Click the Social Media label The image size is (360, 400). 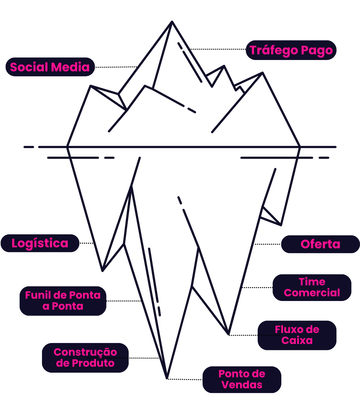[x=50, y=67]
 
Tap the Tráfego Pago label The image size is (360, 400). [x=291, y=50]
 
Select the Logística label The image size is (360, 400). [x=40, y=243]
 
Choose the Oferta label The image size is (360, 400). [x=320, y=244]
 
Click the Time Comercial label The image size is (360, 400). [x=312, y=287]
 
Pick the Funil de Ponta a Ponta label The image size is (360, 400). [x=63, y=301]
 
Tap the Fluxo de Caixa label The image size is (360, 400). [x=297, y=335]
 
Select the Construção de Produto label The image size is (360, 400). [x=85, y=358]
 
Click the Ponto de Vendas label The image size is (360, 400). [x=242, y=379]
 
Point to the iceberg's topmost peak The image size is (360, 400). [x=172, y=22]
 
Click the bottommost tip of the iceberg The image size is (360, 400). [x=167, y=378]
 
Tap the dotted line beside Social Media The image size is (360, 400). [x=116, y=67]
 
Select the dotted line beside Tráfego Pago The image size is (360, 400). [x=218, y=49]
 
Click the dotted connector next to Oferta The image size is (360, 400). [x=268, y=244]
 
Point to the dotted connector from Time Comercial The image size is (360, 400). [x=257, y=287]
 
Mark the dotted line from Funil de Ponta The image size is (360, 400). [x=124, y=301]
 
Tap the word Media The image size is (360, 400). [x=72, y=67]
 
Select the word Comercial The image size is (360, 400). [x=312, y=293]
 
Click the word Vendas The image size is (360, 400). [x=242, y=385]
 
